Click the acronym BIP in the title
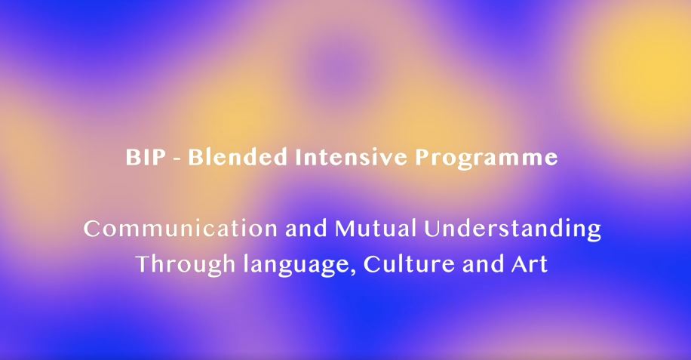click(x=146, y=157)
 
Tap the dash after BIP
click(x=177, y=158)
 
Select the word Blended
click(x=238, y=157)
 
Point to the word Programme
click(x=487, y=158)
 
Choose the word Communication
click(x=181, y=229)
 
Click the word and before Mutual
click(x=306, y=229)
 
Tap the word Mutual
click(x=376, y=229)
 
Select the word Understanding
click(x=512, y=229)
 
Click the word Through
click(x=186, y=265)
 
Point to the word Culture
click(x=409, y=263)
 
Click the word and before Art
click(x=484, y=263)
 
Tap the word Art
click(x=530, y=264)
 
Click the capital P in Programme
click(x=422, y=157)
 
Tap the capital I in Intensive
click(x=299, y=157)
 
